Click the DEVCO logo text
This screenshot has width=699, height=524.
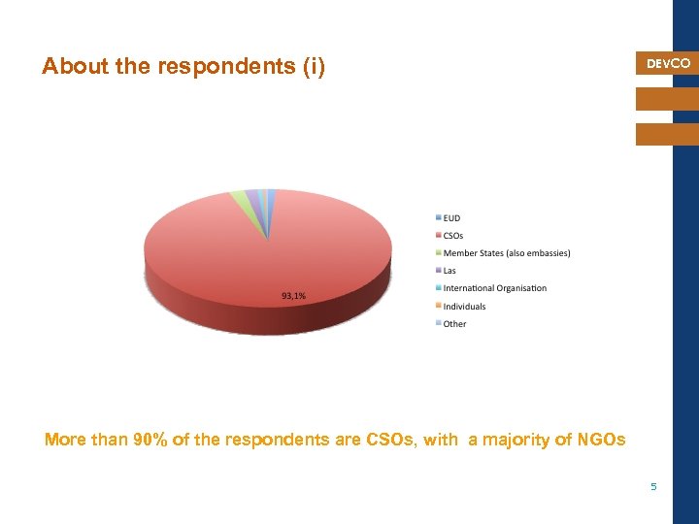[x=668, y=63]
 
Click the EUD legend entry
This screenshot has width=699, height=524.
[x=451, y=217]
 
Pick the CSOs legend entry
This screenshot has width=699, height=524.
[x=452, y=235]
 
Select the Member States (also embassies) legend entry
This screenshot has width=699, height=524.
[x=506, y=253]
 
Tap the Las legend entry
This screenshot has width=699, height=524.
[x=449, y=271]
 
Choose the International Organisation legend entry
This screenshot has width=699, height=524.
[x=494, y=288]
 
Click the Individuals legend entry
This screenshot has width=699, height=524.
[x=464, y=307]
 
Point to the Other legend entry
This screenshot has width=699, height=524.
[x=454, y=324]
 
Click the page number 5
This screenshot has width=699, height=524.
[x=653, y=486]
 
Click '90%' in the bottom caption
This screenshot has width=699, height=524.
[x=150, y=441]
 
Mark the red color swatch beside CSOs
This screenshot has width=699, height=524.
[x=438, y=235]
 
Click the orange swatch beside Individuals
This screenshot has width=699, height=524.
[x=438, y=307]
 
